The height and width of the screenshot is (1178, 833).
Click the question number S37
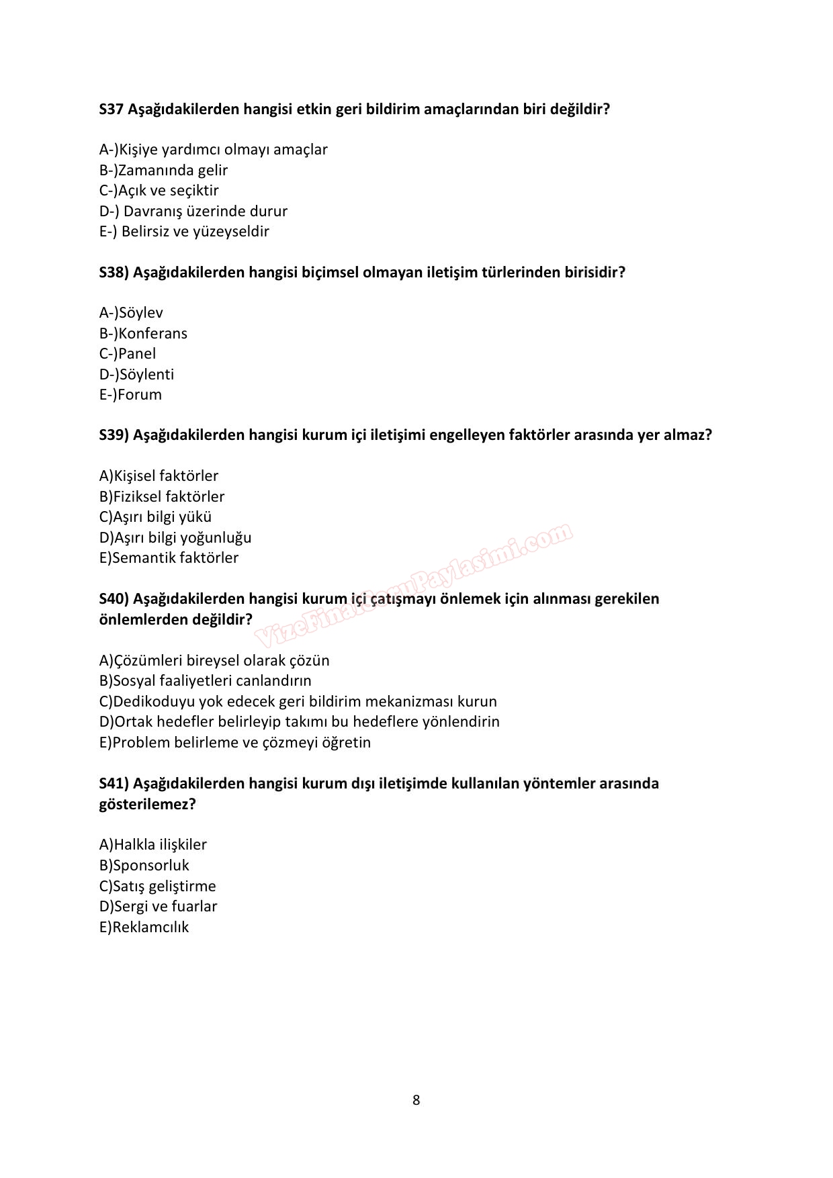[x=112, y=109]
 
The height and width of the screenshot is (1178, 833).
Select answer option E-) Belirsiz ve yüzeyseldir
[x=184, y=232]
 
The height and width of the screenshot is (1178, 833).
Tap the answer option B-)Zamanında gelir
[x=163, y=171]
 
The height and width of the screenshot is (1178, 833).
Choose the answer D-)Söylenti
[x=136, y=375]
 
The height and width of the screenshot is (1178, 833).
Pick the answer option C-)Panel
[x=128, y=354]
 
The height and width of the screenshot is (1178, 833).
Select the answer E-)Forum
[x=130, y=395]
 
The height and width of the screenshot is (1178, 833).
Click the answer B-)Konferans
[x=143, y=334]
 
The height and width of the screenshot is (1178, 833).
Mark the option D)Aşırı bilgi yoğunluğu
[x=175, y=538]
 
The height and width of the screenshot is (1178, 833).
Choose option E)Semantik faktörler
[x=169, y=558]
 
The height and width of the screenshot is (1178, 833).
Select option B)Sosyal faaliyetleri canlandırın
[x=206, y=681]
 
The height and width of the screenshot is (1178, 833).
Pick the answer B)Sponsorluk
[x=144, y=866]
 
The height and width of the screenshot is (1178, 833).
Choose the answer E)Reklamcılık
[x=144, y=927]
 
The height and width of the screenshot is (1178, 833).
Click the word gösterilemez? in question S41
[x=147, y=804]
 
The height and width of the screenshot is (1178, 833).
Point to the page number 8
[x=416, y=1100]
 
